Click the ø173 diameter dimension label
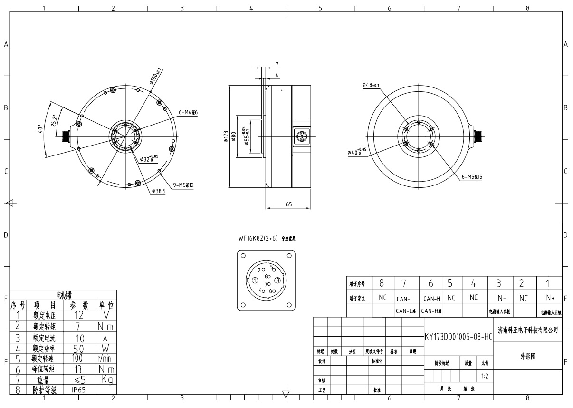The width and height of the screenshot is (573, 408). pos(227,137)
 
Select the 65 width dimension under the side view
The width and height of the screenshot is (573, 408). pos(289,204)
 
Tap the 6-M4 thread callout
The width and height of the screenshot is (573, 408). pos(188,112)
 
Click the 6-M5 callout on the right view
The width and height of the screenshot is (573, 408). pos(472,176)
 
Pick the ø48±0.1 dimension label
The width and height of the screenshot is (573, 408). pos(371,85)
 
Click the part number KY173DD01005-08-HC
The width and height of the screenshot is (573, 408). pos(458,337)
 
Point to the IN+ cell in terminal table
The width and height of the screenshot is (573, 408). pos(548,298)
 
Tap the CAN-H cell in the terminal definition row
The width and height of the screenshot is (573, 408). pos(430,299)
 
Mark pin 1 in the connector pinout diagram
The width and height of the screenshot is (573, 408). pos(255,281)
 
